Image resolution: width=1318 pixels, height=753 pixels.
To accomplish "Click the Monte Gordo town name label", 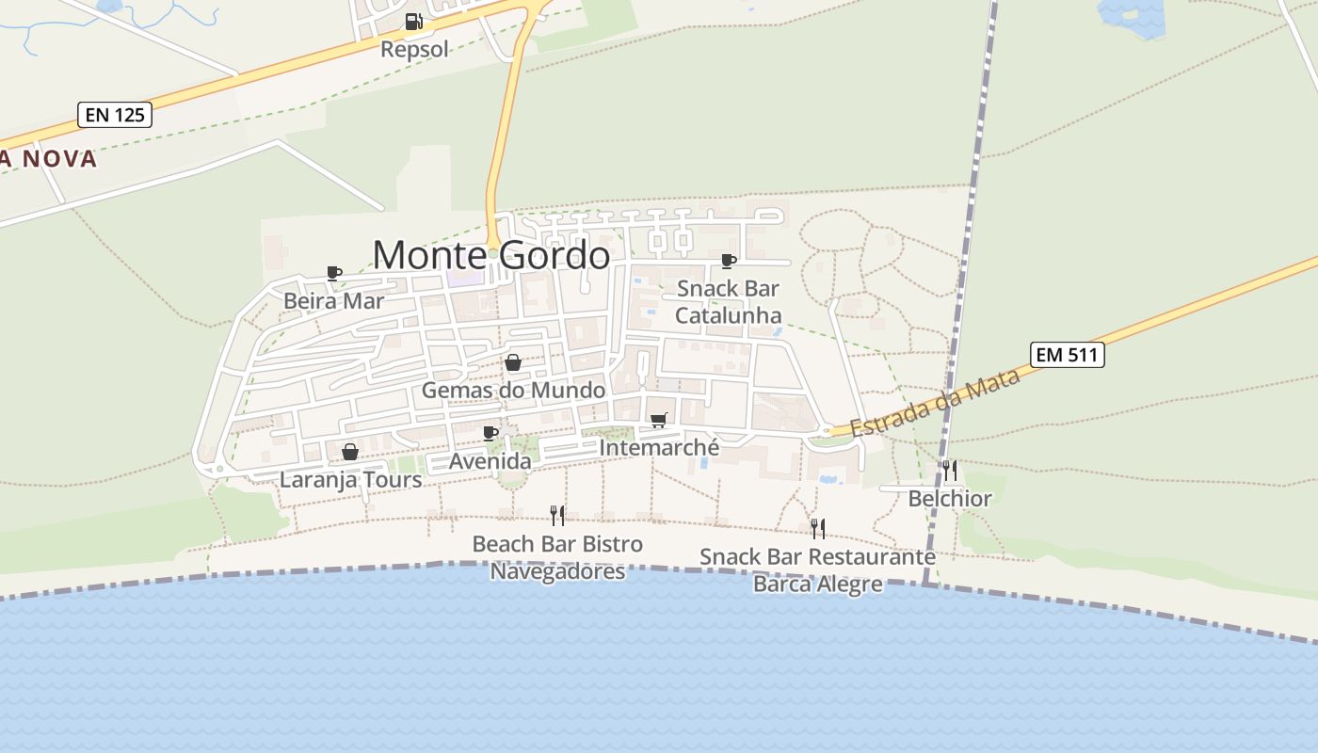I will coord(490,255).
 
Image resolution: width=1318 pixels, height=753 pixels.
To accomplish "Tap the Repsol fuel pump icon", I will coord(413,22).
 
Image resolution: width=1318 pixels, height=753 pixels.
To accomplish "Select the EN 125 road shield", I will coord(115,115).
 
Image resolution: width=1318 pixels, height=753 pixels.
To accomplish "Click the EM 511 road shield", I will coord(1067,355).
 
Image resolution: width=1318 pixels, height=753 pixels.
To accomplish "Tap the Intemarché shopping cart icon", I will coord(658,420).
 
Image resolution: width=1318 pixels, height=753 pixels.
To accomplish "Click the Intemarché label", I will coord(659,448).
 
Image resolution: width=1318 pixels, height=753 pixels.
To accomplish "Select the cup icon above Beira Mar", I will coord(333,273).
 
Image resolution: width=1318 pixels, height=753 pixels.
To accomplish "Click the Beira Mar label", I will coord(334,301).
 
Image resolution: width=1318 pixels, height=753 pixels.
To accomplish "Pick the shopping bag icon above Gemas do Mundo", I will coord(513,362).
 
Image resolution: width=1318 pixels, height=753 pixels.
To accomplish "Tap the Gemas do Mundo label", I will coord(513,390).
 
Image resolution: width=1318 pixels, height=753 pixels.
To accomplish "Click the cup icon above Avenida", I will coord(490,433).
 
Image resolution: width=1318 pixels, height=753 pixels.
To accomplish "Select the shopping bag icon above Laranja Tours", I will coord(350,452).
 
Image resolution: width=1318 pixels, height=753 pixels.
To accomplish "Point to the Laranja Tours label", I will coord(350,480).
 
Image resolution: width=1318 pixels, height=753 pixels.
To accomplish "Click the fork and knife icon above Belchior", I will coord(950,470).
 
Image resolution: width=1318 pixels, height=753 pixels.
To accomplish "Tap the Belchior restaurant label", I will coord(950,499).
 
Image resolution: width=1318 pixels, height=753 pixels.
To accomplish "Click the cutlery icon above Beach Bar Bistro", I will coord(557,515).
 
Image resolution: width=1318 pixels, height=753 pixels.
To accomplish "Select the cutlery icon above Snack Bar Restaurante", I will coord(817,528).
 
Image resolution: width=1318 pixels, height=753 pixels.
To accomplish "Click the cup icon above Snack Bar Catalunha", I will coord(728,261).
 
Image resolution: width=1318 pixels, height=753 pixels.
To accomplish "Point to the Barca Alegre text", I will coord(817,585).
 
